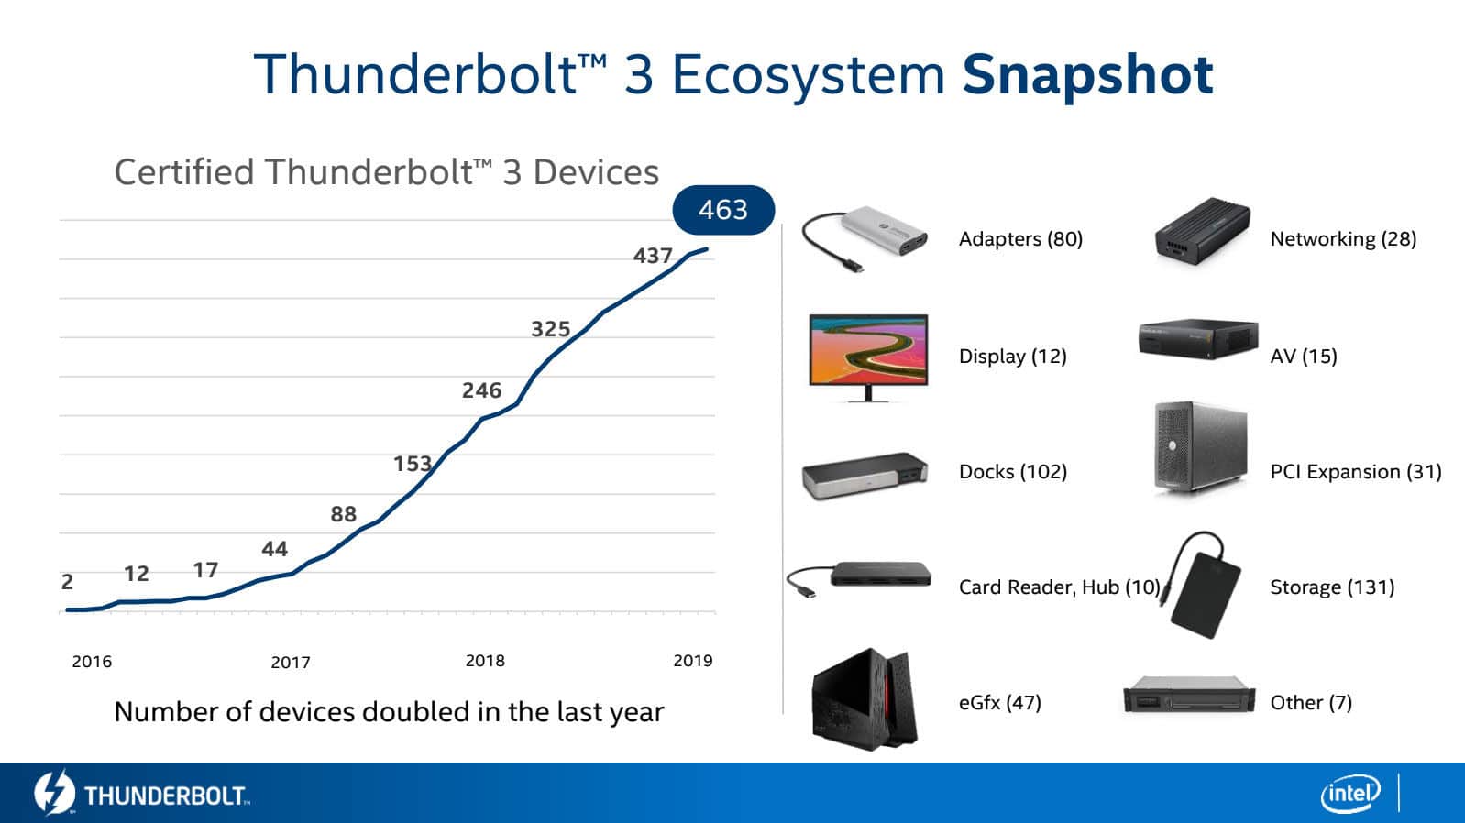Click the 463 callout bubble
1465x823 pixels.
[723, 210]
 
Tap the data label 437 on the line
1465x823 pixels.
[653, 256]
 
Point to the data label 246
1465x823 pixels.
[481, 390]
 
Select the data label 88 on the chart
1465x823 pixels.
[343, 514]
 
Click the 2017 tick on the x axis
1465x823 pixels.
[291, 662]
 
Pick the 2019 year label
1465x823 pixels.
[692, 661]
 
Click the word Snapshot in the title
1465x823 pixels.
[1087, 74]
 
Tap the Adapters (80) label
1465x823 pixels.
[1020, 239]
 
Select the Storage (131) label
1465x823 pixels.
[1331, 587]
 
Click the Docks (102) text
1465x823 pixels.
[1012, 472]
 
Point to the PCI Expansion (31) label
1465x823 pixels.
[1355, 472]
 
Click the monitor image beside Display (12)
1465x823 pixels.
[868, 355]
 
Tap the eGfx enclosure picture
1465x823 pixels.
[863, 699]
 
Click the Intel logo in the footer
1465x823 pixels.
[1349, 793]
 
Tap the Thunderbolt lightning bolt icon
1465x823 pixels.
[54, 793]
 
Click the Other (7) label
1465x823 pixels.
[1310, 703]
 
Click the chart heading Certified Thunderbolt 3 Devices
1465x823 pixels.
[386, 172]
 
